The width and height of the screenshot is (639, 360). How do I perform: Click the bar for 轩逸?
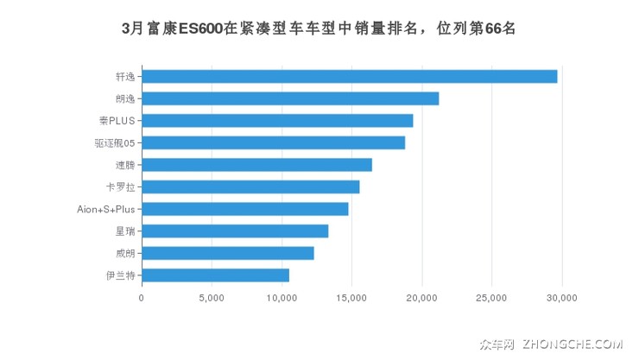coord(349,76)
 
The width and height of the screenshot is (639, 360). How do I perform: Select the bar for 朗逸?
coord(290,98)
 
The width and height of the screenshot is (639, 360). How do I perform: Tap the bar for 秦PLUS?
coord(277,121)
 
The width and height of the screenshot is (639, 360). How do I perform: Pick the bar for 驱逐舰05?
coord(273,142)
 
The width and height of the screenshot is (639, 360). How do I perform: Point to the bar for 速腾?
coord(256,165)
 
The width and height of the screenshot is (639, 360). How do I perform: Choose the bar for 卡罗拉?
coord(250,186)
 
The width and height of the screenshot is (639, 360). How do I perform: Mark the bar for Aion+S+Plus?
coord(244,209)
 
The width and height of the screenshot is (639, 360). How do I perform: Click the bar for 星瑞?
coord(235,231)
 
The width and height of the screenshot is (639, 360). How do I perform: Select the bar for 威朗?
coord(227,253)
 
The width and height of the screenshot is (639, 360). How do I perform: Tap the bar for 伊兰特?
coord(215,275)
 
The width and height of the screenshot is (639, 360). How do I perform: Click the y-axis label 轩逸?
coord(125,76)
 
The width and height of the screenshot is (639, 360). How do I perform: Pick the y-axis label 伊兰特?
coord(121,275)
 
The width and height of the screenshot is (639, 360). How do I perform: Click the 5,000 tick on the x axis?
coord(212,299)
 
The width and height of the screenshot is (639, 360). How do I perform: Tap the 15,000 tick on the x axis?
coord(351,299)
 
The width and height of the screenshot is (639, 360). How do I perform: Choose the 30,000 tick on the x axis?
coord(562,299)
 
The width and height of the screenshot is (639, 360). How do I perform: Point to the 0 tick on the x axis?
coord(142,299)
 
